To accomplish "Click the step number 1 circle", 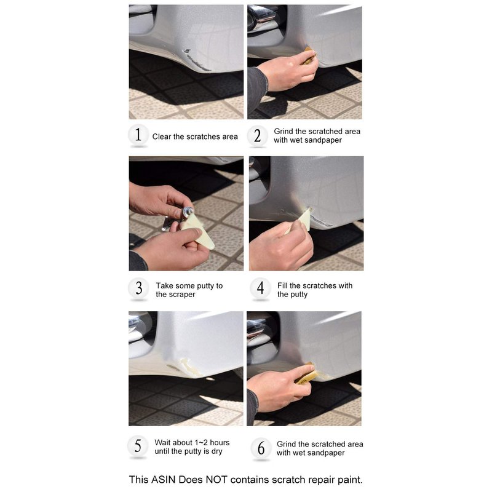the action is (138, 135).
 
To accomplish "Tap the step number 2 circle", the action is (257, 135).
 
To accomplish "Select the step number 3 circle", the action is (138, 288).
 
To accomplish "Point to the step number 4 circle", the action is (260, 288).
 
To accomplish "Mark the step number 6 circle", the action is (261, 448).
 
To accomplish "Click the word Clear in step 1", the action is (162, 137).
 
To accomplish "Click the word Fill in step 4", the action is (282, 285).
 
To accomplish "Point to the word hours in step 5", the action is (220, 442).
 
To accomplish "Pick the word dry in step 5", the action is (217, 451).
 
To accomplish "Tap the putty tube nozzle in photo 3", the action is (189, 211).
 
